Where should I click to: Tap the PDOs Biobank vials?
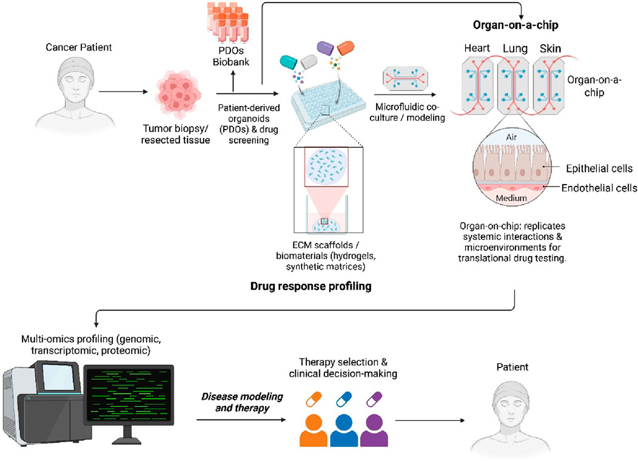(228, 22)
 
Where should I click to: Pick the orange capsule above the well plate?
(345, 48)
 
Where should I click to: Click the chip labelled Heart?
(478, 86)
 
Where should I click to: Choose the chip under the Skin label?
(549, 86)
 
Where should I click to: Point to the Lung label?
(515, 48)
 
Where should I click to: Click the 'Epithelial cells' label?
(599, 168)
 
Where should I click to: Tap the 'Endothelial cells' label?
(599, 188)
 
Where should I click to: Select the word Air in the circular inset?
(511, 137)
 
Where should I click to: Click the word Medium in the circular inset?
(511, 198)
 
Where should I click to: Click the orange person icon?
(314, 431)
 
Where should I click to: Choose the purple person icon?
(374, 431)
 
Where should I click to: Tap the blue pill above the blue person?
(344, 399)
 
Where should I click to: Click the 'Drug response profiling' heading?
(311, 286)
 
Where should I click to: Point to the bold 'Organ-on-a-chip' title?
(515, 25)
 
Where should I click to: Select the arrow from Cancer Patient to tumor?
(123, 92)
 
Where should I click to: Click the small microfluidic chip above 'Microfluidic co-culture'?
(406, 79)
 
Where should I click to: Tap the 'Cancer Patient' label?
(78, 47)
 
